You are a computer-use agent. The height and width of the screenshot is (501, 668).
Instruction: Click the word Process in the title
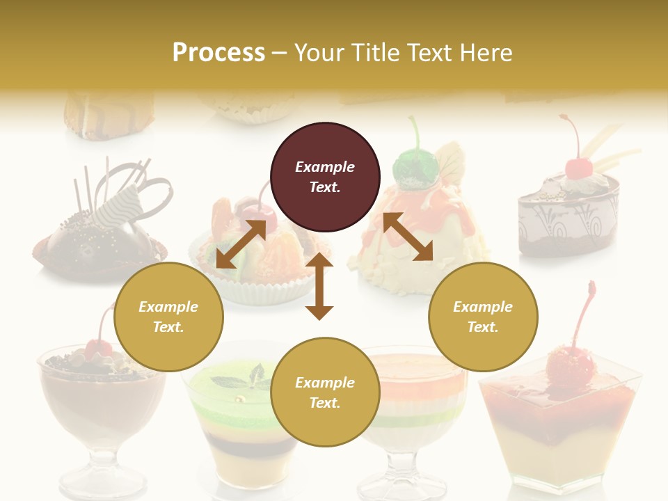point(218,52)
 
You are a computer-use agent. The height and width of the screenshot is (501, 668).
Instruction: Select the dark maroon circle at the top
point(325,177)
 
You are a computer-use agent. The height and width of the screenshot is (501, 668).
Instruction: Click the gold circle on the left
point(168,317)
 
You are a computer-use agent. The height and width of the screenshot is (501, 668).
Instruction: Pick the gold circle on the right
point(483,317)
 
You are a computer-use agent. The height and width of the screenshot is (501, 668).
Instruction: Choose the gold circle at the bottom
point(325,392)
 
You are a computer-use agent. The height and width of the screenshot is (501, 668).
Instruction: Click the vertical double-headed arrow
point(319,286)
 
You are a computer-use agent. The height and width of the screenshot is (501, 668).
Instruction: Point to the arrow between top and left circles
point(241,244)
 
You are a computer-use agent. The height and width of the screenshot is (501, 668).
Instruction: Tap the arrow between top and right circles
point(408,237)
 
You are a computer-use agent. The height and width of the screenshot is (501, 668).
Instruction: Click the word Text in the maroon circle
point(325,187)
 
